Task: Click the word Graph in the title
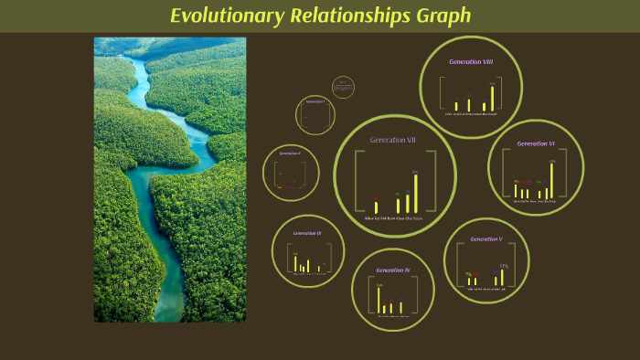tap(440, 16)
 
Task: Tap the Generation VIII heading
tap(471, 61)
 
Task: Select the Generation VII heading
tap(393, 140)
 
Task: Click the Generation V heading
tap(486, 239)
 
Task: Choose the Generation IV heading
tap(393, 270)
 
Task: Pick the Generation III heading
tap(306, 233)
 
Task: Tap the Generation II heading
tap(290, 153)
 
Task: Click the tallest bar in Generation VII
tap(415, 193)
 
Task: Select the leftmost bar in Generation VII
tap(376, 207)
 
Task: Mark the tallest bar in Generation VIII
tap(492, 98)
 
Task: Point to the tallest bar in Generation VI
tap(551, 180)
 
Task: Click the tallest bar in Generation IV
tap(379, 300)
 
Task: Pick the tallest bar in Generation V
tap(502, 277)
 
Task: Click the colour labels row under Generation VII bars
tap(394, 218)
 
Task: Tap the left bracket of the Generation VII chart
tap(358, 183)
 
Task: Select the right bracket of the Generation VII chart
tap(428, 183)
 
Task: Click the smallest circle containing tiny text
tap(343, 87)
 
